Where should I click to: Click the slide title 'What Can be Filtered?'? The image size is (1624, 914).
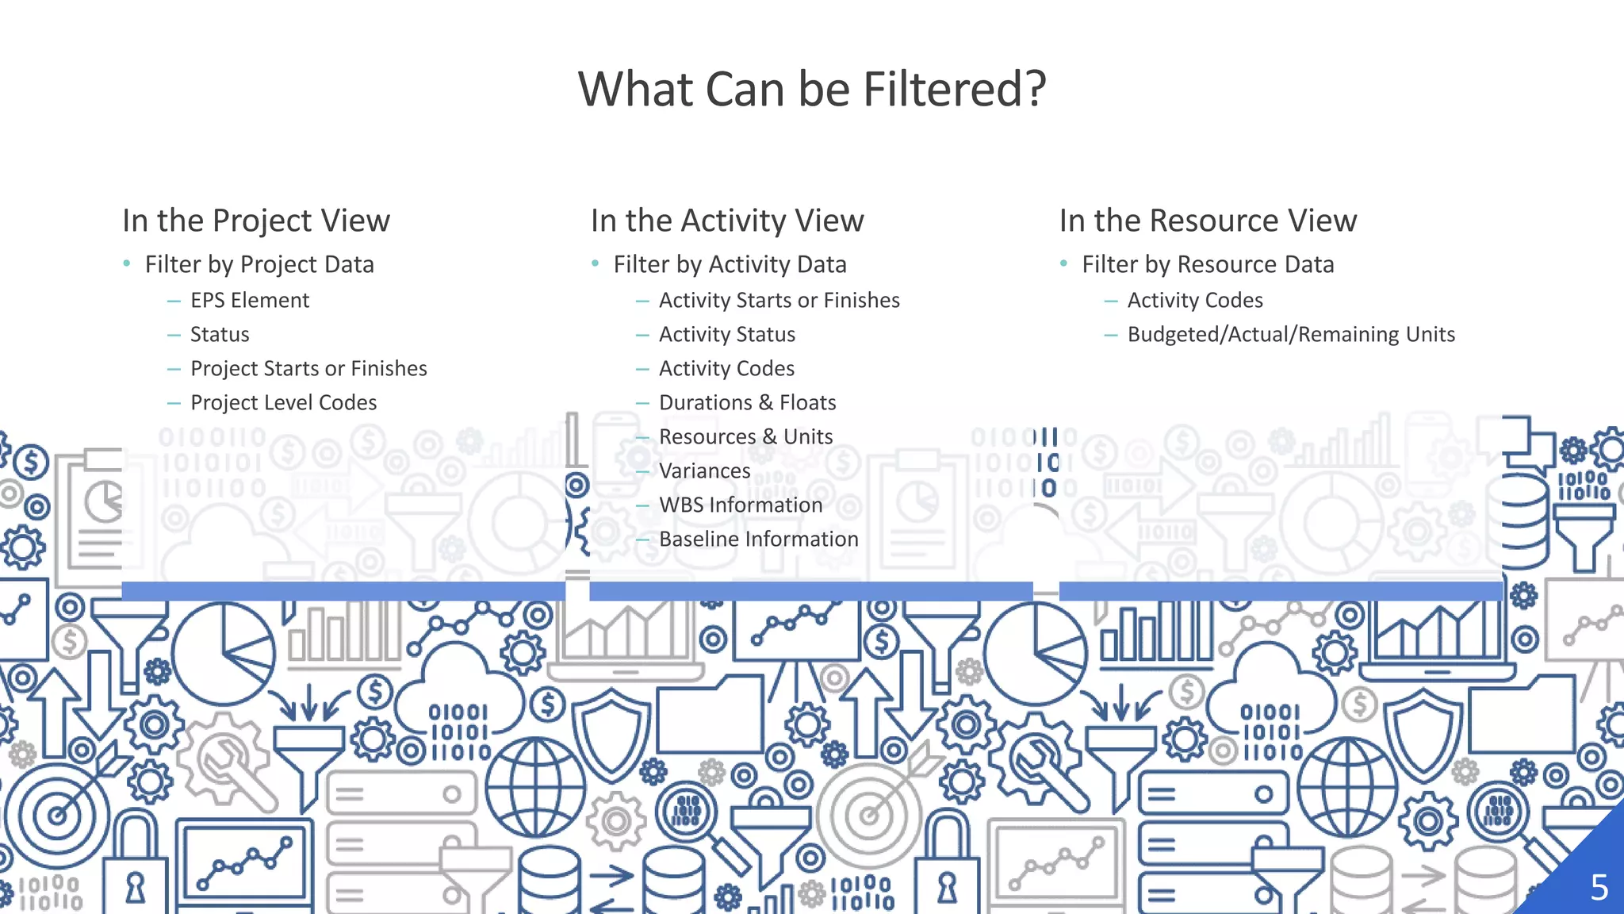coord(812,89)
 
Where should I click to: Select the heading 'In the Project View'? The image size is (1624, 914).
coord(256,221)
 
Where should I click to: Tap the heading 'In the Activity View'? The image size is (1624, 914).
coord(727,221)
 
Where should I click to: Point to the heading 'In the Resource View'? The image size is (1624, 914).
coord(1208,221)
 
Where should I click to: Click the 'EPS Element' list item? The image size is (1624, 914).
coord(250,301)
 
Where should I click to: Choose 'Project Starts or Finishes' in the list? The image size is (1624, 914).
coord(308,369)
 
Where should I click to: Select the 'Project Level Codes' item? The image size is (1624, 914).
coord(283,403)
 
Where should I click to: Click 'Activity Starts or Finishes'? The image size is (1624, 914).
coord(779,301)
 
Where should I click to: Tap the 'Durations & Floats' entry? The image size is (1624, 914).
coord(747,403)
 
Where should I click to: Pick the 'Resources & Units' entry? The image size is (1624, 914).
coord(745,437)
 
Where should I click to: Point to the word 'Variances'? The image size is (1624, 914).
coord(704,471)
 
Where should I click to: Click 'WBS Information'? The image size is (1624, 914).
coord(741,505)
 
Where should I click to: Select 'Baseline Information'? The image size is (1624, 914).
coord(758,540)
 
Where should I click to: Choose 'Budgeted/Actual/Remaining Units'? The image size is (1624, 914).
coord(1291,335)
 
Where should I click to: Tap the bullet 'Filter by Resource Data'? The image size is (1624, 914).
coord(1208,264)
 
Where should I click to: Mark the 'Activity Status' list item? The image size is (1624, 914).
coord(726,335)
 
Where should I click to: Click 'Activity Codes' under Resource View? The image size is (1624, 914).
coord(1195,301)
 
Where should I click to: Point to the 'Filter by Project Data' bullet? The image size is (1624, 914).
coord(259,264)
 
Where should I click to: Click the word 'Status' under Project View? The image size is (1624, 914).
coord(220,335)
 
